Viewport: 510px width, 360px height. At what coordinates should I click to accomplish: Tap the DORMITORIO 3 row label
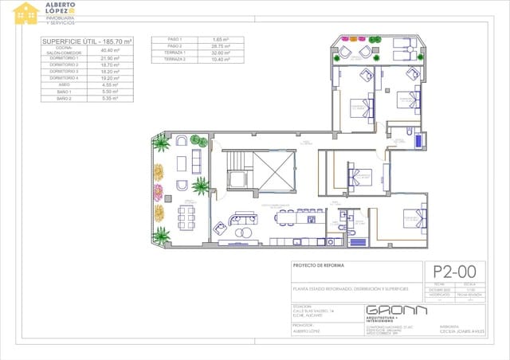pyautogui.click(x=64, y=71)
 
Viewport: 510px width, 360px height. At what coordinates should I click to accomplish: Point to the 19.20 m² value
pyautogui.click(x=109, y=78)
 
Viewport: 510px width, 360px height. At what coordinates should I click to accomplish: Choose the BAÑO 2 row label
pyautogui.click(x=64, y=99)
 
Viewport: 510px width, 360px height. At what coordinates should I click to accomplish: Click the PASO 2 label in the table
pyautogui.click(x=175, y=46)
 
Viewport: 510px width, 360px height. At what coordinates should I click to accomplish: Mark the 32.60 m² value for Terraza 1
pyautogui.click(x=221, y=53)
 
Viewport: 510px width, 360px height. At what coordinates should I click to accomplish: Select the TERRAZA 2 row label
pyautogui.click(x=175, y=60)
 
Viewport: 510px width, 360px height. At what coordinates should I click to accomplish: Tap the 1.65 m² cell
pyautogui.click(x=221, y=39)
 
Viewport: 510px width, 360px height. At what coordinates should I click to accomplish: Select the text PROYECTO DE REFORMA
pyautogui.click(x=318, y=265)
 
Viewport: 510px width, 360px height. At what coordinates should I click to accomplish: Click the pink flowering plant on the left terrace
pyautogui.click(x=158, y=192)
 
